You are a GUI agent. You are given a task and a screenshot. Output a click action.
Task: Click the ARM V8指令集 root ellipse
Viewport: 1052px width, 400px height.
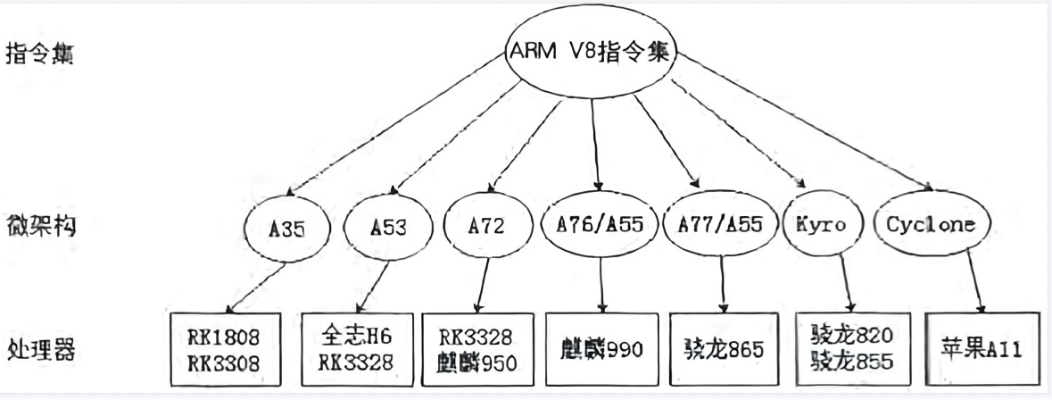[x=591, y=54]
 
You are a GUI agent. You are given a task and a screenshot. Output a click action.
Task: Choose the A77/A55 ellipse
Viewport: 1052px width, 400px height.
[x=719, y=225]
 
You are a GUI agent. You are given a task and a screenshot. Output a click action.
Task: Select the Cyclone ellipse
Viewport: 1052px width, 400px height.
[x=931, y=225]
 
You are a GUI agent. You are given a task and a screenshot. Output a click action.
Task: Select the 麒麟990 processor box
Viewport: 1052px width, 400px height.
[x=601, y=347]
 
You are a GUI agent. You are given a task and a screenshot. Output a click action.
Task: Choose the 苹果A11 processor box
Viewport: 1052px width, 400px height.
[x=982, y=348]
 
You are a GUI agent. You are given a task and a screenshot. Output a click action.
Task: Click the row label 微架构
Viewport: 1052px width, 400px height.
[x=41, y=226]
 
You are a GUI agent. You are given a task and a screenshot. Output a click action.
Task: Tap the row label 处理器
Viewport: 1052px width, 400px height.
[x=41, y=348]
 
